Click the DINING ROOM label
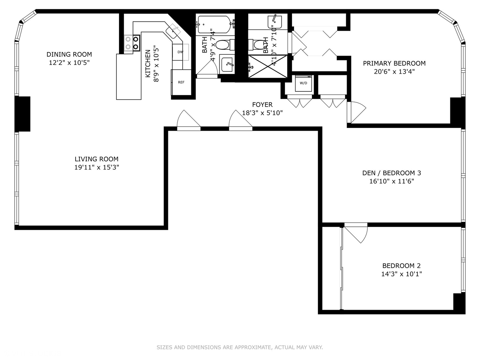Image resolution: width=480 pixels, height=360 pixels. pos(69,54)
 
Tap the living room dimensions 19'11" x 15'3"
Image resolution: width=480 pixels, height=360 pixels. pos(97,167)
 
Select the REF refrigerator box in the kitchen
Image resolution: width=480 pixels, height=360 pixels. pos(181,82)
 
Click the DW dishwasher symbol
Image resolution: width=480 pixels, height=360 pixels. pos(180,52)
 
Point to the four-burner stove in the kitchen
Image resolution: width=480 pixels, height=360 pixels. pos(132,43)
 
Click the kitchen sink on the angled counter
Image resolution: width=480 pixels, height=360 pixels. pos(173,31)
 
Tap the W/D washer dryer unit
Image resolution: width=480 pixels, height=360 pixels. pos(303,83)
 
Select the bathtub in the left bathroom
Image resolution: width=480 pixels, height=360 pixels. pos(214,24)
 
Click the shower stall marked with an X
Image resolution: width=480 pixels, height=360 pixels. pos(268,67)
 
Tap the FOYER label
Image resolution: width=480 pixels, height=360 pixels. pos(262,105)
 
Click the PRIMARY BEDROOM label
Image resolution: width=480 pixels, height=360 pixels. pos(394,63)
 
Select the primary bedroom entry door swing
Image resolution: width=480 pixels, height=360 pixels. pos(356,112)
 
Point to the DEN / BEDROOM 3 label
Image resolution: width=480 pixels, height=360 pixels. pos(391,173)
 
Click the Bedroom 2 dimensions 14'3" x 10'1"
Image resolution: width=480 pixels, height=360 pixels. pos(401,274)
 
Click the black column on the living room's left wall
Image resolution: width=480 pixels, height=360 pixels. pos(22,114)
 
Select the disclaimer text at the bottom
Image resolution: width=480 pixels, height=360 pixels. pos(240,347)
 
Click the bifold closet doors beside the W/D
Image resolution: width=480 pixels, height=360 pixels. pos(333,102)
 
